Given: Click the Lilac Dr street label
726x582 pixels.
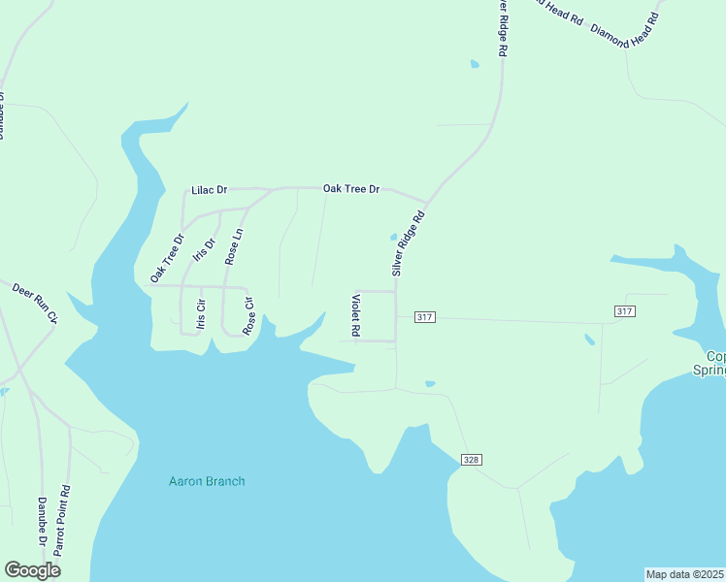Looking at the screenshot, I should (x=209, y=190).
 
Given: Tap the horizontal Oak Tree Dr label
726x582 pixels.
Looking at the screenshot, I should (x=350, y=188).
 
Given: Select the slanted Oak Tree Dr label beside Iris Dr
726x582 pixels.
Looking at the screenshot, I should (x=167, y=259).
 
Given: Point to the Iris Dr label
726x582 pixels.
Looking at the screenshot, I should (x=204, y=249).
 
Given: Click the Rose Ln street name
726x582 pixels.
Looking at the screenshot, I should (x=233, y=246).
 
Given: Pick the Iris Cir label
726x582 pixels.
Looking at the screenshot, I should (x=201, y=312).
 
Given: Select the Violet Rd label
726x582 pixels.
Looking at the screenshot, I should (x=356, y=315).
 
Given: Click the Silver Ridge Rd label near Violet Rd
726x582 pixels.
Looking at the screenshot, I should (x=408, y=244).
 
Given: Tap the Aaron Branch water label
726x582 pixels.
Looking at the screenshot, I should (x=207, y=481).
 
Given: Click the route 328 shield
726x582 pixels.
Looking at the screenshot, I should (x=471, y=460).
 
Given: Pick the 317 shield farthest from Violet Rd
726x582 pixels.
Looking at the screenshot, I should (x=625, y=310).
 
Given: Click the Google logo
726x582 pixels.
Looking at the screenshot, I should (x=32, y=570).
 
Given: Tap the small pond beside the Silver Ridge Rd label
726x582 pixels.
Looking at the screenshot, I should (x=394, y=236).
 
